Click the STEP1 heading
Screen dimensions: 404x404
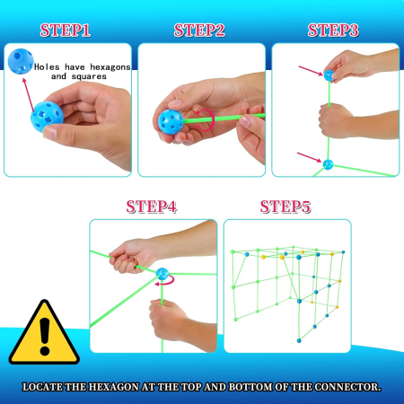tap(66, 31)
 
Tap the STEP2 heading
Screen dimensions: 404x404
tap(199, 31)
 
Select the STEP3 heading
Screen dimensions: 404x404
tap(333, 31)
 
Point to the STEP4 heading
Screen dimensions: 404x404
tap(152, 206)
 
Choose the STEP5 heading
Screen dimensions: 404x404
tap(285, 206)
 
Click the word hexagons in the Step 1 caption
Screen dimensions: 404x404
tap(110, 67)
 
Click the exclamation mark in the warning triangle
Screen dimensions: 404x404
tap(45, 337)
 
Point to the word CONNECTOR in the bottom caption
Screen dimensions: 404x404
tap(347, 387)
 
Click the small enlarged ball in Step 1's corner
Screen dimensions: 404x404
tap(21, 61)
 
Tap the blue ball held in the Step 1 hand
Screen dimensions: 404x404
tap(47, 117)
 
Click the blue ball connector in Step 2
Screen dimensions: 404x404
tap(171, 122)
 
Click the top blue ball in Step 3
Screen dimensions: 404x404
tap(329, 75)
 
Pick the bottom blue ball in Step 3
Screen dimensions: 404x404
tap(328, 164)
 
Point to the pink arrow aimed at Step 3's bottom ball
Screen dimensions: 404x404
tap(309, 157)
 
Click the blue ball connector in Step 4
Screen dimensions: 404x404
tap(162, 274)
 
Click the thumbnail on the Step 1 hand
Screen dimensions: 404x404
tap(50, 132)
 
